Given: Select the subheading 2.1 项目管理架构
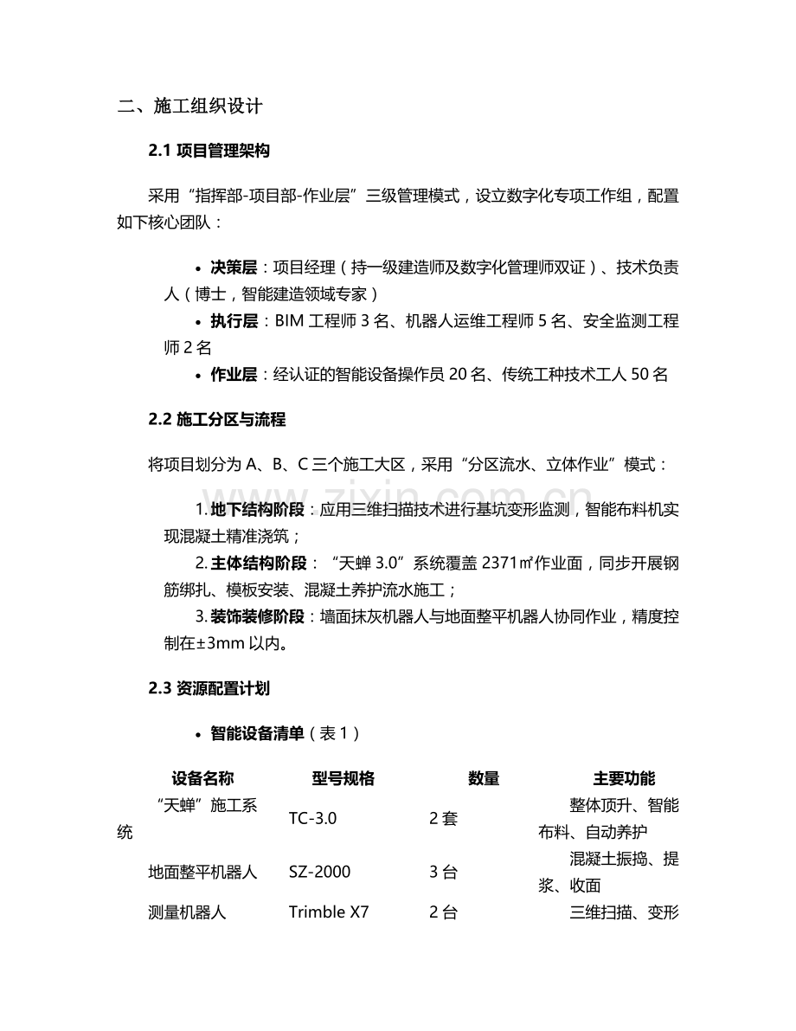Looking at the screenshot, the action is coord(209,151).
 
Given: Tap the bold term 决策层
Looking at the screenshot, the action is coord(234,267).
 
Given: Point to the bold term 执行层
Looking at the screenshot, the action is coord(234,321).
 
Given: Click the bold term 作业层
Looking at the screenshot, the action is coord(234,375).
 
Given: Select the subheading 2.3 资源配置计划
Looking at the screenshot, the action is coord(209,688).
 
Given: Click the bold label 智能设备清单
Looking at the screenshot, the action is coord(257,733).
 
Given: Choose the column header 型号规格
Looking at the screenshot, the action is coord(343,778).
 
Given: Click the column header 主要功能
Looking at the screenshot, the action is coord(624,778).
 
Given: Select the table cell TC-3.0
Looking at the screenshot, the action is coord(312,818).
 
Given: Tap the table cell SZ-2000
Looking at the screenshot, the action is coord(320,872).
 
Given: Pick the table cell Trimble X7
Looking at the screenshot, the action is coord(329,912).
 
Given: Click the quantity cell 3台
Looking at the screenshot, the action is coord(443,872).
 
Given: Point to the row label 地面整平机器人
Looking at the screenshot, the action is coord(202,872).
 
